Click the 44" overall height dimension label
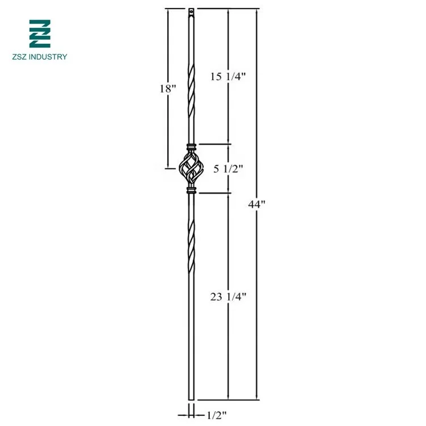(256, 204)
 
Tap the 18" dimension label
(168, 88)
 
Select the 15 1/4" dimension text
(228, 77)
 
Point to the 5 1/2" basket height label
(228, 169)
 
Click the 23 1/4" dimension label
(228, 297)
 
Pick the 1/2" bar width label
(217, 415)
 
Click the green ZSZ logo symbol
(40, 33)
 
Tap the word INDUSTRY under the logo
(48, 57)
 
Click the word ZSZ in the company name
(19, 57)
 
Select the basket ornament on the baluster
(191, 168)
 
